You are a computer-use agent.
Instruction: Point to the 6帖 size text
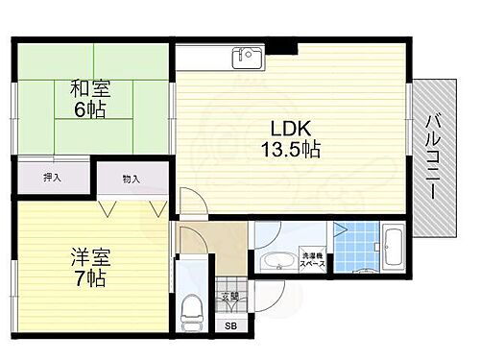pyautogui.click(x=90, y=110)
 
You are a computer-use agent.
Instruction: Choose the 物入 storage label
pyautogui.click(x=131, y=178)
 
